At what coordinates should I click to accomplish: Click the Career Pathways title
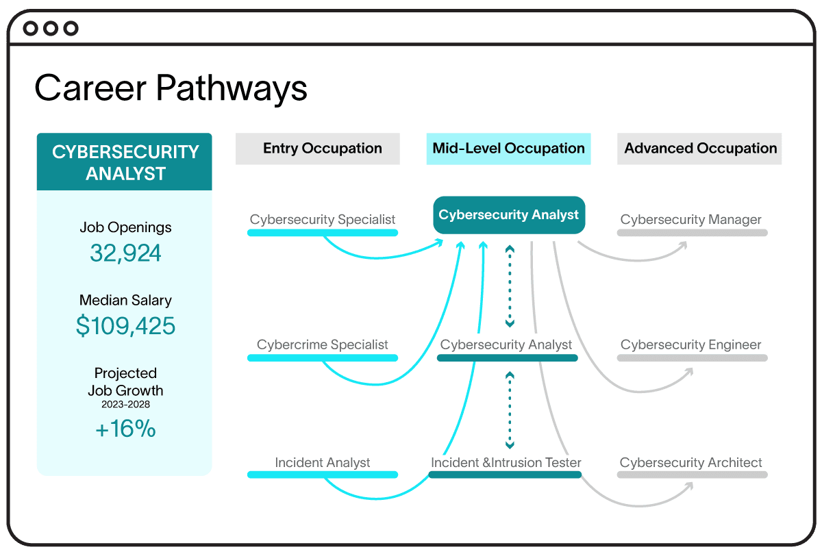tap(171, 88)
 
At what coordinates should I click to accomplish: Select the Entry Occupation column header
tap(322, 149)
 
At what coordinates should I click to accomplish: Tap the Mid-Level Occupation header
tap(508, 149)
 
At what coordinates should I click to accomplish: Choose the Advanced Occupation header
tap(700, 149)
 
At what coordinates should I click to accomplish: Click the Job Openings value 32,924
tap(125, 253)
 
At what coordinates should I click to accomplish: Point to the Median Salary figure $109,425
tap(125, 326)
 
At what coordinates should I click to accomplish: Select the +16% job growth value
tap(125, 429)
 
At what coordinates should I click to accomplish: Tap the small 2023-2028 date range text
tap(125, 405)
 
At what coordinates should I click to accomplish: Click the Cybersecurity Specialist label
tap(322, 220)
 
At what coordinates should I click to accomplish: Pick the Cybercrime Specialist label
tap(322, 345)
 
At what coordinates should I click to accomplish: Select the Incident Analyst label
tap(322, 463)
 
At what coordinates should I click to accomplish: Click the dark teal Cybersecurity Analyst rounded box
tap(508, 215)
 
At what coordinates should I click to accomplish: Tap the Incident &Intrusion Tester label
tap(506, 463)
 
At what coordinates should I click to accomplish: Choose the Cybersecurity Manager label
tap(690, 220)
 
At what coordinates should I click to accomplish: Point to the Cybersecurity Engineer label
tap(690, 345)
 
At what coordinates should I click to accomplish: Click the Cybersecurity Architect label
tap(690, 463)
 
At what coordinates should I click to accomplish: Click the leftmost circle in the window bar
tap(31, 28)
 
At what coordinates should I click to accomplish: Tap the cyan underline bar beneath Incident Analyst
tap(322, 475)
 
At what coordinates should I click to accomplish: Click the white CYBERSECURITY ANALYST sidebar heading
tap(125, 162)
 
